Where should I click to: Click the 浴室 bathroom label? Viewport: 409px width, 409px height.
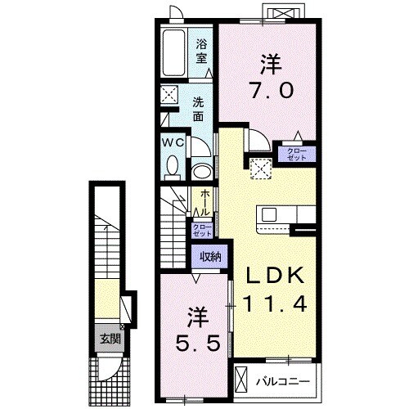coord(201,52)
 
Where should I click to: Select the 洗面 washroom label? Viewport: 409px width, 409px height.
coord(199,110)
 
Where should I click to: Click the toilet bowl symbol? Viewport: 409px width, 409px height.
coord(173,168)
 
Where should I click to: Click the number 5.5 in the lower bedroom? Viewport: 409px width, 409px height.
coord(196,342)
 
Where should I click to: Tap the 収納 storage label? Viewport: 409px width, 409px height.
coord(209,257)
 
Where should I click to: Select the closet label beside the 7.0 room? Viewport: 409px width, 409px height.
coord(297,152)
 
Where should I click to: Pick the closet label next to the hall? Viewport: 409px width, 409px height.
coord(200,230)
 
